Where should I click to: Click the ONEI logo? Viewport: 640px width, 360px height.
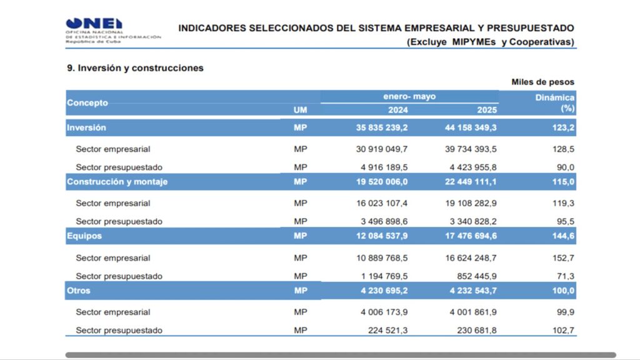pos(113,31)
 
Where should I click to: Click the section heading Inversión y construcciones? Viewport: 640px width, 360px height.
pos(135,67)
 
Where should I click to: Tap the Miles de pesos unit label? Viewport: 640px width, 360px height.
pos(543,82)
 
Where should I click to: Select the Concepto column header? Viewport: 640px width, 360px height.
pos(87,103)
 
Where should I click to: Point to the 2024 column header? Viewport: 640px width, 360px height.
pos(397,110)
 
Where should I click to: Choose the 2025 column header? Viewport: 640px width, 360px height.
pos(487,110)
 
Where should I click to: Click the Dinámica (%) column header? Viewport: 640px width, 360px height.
pos(555,103)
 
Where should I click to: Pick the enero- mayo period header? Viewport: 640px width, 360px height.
pos(409,96)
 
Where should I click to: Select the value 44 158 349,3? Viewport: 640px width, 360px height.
pos(471,127)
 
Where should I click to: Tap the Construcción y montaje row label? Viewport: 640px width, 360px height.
pos(117,182)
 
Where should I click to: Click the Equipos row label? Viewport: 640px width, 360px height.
pos(84,236)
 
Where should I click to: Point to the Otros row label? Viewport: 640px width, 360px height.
pos(79,291)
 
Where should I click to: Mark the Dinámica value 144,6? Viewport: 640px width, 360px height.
pos(563,236)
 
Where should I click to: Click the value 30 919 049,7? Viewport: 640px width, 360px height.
pos(382,149)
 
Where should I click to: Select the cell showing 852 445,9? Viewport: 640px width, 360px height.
pos(477,276)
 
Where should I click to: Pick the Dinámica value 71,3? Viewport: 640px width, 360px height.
pos(566,276)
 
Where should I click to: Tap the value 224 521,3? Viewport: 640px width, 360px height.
pos(387,330)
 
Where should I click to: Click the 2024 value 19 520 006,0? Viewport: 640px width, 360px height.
pos(382,182)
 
